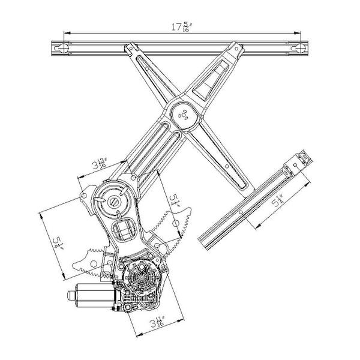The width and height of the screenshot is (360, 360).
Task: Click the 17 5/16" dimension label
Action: point(182,27)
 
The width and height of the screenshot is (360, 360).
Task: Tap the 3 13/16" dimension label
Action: point(100,163)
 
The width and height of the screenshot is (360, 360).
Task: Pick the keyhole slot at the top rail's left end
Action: point(62,48)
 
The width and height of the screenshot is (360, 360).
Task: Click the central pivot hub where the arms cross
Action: point(184,115)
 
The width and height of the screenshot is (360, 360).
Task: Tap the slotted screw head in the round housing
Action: point(115,202)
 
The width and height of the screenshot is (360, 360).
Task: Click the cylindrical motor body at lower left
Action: point(94,295)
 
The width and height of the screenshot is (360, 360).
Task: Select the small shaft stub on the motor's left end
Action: point(71,295)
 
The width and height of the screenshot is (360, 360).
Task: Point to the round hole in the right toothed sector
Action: point(175,223)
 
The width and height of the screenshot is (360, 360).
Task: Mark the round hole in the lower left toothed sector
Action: point(93,264)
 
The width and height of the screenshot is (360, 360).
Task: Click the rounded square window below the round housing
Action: point(123,230)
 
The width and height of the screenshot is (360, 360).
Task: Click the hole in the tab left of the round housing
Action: point(84,196)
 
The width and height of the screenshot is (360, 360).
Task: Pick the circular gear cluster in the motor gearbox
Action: point(141,278)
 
